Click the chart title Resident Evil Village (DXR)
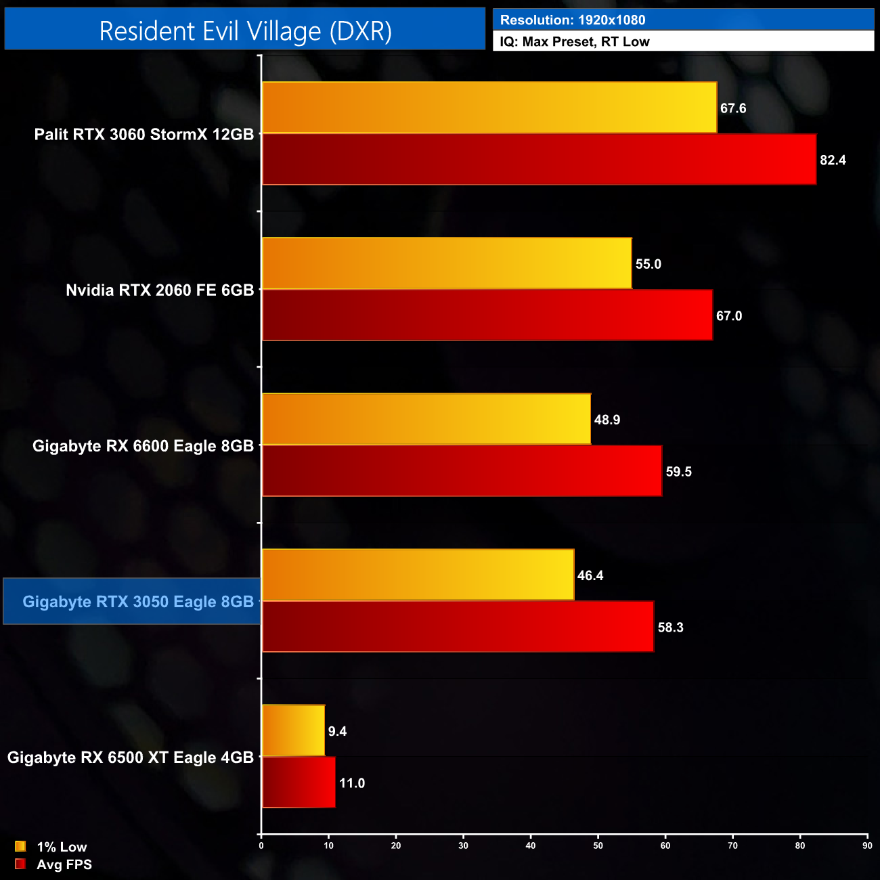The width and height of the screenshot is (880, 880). click(245, 31)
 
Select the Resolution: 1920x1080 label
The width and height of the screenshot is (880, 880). click(573, 20)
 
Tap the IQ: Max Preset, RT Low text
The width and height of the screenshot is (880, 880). click(575, 42)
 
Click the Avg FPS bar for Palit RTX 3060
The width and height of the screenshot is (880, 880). click(539, 159)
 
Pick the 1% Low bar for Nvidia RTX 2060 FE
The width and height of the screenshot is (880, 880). click(447, 263)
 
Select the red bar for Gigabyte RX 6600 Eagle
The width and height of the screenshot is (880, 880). click(462, 471)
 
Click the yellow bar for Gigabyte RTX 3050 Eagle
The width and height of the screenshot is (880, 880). click(418, 575)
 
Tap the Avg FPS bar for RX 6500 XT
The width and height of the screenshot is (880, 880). click(299, 783)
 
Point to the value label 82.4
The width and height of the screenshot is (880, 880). click(833, 160)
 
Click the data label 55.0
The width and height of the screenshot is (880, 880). click(648, 264)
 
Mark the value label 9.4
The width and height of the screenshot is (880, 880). click(337, 731)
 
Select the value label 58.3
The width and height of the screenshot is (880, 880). click(670, 628)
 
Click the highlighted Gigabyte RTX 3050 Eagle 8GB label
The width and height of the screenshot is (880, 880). click(138, 602)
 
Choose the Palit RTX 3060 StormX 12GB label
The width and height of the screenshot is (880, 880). click(144, 135)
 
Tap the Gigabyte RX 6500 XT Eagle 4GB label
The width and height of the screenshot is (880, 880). click(131, 757)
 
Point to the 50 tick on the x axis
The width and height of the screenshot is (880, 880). click(598, 845)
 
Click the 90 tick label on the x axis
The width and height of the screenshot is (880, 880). click(867, 845)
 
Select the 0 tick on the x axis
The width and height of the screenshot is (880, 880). click(261, 845)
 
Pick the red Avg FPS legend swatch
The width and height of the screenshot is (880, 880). click(20, 864)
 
